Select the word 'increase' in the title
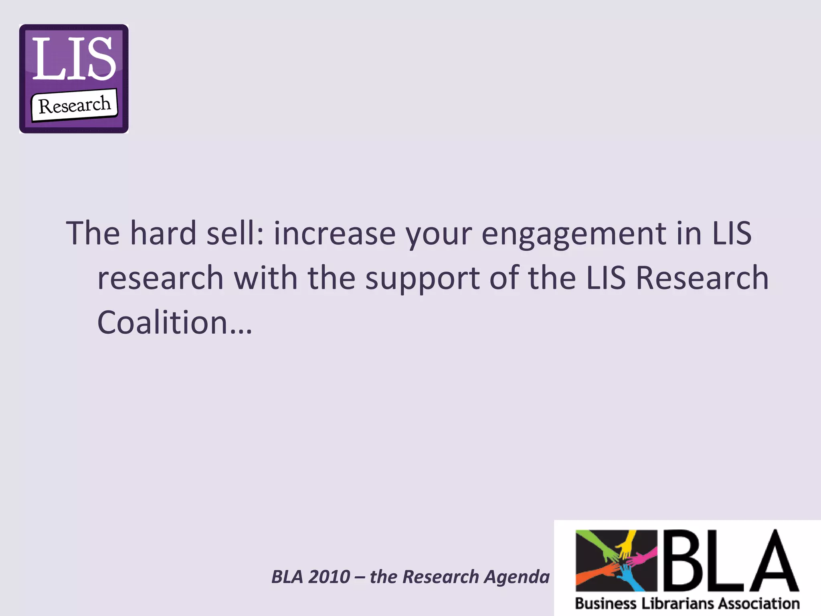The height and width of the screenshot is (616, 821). tap(334, 234)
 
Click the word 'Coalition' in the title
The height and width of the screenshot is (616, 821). tap(163, 322)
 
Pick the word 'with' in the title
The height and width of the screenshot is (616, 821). tap(265, 278)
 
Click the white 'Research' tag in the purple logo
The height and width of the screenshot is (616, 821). tap(75, 105)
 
